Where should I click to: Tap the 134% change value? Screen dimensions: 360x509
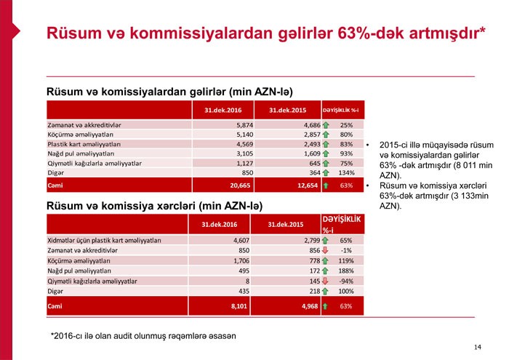pyautogui.click(x=346, y=172)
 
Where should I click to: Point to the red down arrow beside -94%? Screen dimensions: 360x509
pyautogui.click(x=325, y=280)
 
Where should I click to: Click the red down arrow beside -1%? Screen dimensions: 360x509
pyautogui.click(x=325, y=249)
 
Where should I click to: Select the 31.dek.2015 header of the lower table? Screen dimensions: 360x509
pyautogui.click(x=285, y=223)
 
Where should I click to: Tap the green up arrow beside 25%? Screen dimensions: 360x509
pyautogui.click(x=325, y=124)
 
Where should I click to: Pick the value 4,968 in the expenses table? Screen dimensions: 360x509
pyautogui.click(x=308, y=305)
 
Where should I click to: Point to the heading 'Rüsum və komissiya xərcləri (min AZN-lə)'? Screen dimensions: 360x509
pyautogui.click(x=154, y=207)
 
